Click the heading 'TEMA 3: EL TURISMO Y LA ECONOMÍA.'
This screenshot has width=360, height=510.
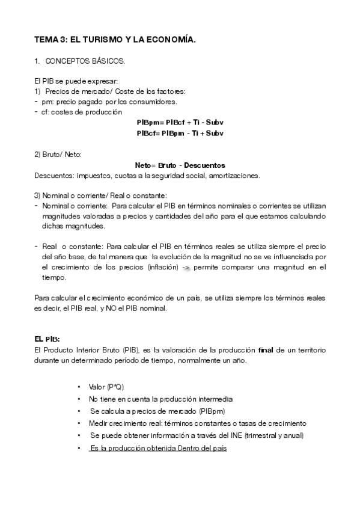coord(115,40)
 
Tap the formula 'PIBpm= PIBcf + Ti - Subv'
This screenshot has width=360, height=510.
coord(180,122)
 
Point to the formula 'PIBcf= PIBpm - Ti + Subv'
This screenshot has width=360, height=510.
coord(180,133)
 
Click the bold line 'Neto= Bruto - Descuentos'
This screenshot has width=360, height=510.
coord(180,165)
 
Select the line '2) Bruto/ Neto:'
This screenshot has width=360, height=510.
coord(58,155)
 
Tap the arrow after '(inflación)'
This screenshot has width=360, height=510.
coord(187,268)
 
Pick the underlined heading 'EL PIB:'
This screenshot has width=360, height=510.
coord(47,338)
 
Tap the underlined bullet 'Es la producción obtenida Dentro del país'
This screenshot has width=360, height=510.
coord(157,448)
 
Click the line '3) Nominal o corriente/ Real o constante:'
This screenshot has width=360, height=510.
coord(100,196)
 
